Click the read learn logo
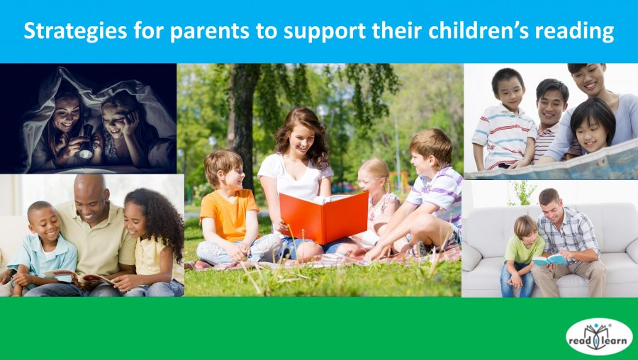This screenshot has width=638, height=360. [x=599, y=336]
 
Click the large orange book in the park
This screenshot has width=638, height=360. [x=323, y=216]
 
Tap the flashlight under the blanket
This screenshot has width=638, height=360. [x=86, y=151]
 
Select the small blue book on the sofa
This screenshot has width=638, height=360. [x=550, y=259]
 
